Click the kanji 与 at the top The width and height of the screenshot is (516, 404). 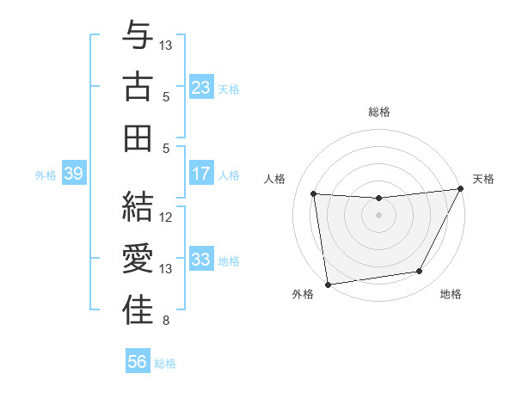click(138, 37)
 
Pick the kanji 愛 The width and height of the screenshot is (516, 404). click(138, 259)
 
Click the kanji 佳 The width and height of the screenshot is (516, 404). click(138, 310)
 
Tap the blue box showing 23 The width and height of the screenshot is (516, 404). click(201, 87)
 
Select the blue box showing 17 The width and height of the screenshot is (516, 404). click(201, 174)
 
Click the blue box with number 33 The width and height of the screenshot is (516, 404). click(201, 260)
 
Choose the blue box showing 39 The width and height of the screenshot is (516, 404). click(73, 174)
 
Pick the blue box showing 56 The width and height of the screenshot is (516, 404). click(138, 362)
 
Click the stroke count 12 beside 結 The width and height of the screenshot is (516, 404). click(166, 217)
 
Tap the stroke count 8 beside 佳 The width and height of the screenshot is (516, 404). click(166, 321)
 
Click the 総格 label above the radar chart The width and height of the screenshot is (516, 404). click(379, 112)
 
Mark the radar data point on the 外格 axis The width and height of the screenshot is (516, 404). click(328, 284)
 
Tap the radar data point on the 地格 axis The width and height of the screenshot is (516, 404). click(420, 272)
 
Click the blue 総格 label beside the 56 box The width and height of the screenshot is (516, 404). click(165, 364)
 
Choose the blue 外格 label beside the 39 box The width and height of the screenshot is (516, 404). click(45, 175)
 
